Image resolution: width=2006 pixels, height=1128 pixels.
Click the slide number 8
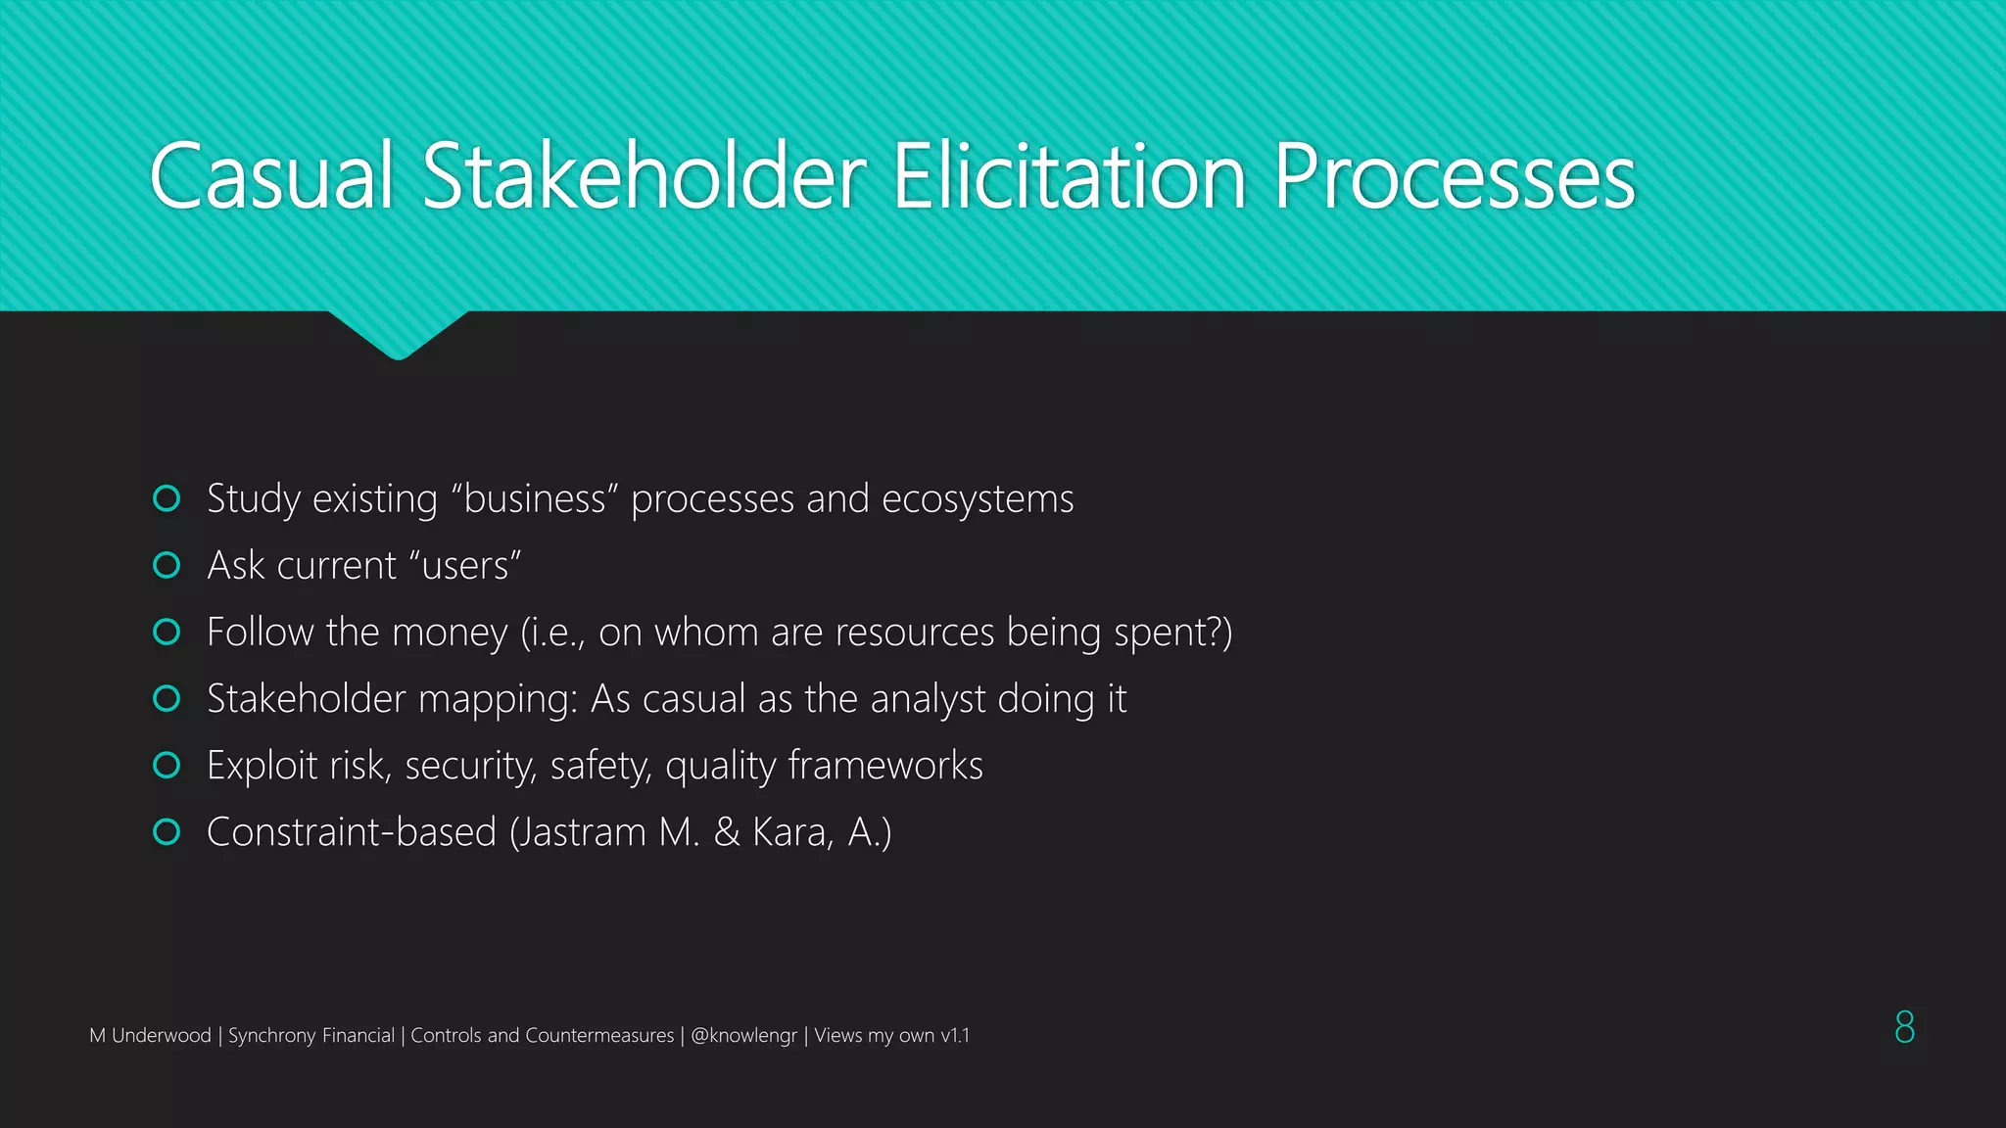pos(1904,1027)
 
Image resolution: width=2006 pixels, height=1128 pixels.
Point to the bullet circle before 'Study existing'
pos(167,498)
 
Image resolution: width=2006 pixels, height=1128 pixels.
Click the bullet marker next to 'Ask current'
pos(167,565)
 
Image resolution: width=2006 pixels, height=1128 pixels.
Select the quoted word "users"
pos(465,566)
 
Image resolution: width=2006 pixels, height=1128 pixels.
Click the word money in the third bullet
pos(450,633)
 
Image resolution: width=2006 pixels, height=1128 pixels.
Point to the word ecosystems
pos(978,499)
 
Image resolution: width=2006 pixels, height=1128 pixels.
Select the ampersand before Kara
pos(727,832)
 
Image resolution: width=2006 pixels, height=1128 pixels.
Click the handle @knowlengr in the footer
pos(743,1035)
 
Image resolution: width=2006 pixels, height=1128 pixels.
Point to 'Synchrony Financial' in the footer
pos(311,1035)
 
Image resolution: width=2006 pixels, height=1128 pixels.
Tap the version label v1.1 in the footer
pos(954,1035)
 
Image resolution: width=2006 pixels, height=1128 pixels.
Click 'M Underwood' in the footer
pos(150,1035)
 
